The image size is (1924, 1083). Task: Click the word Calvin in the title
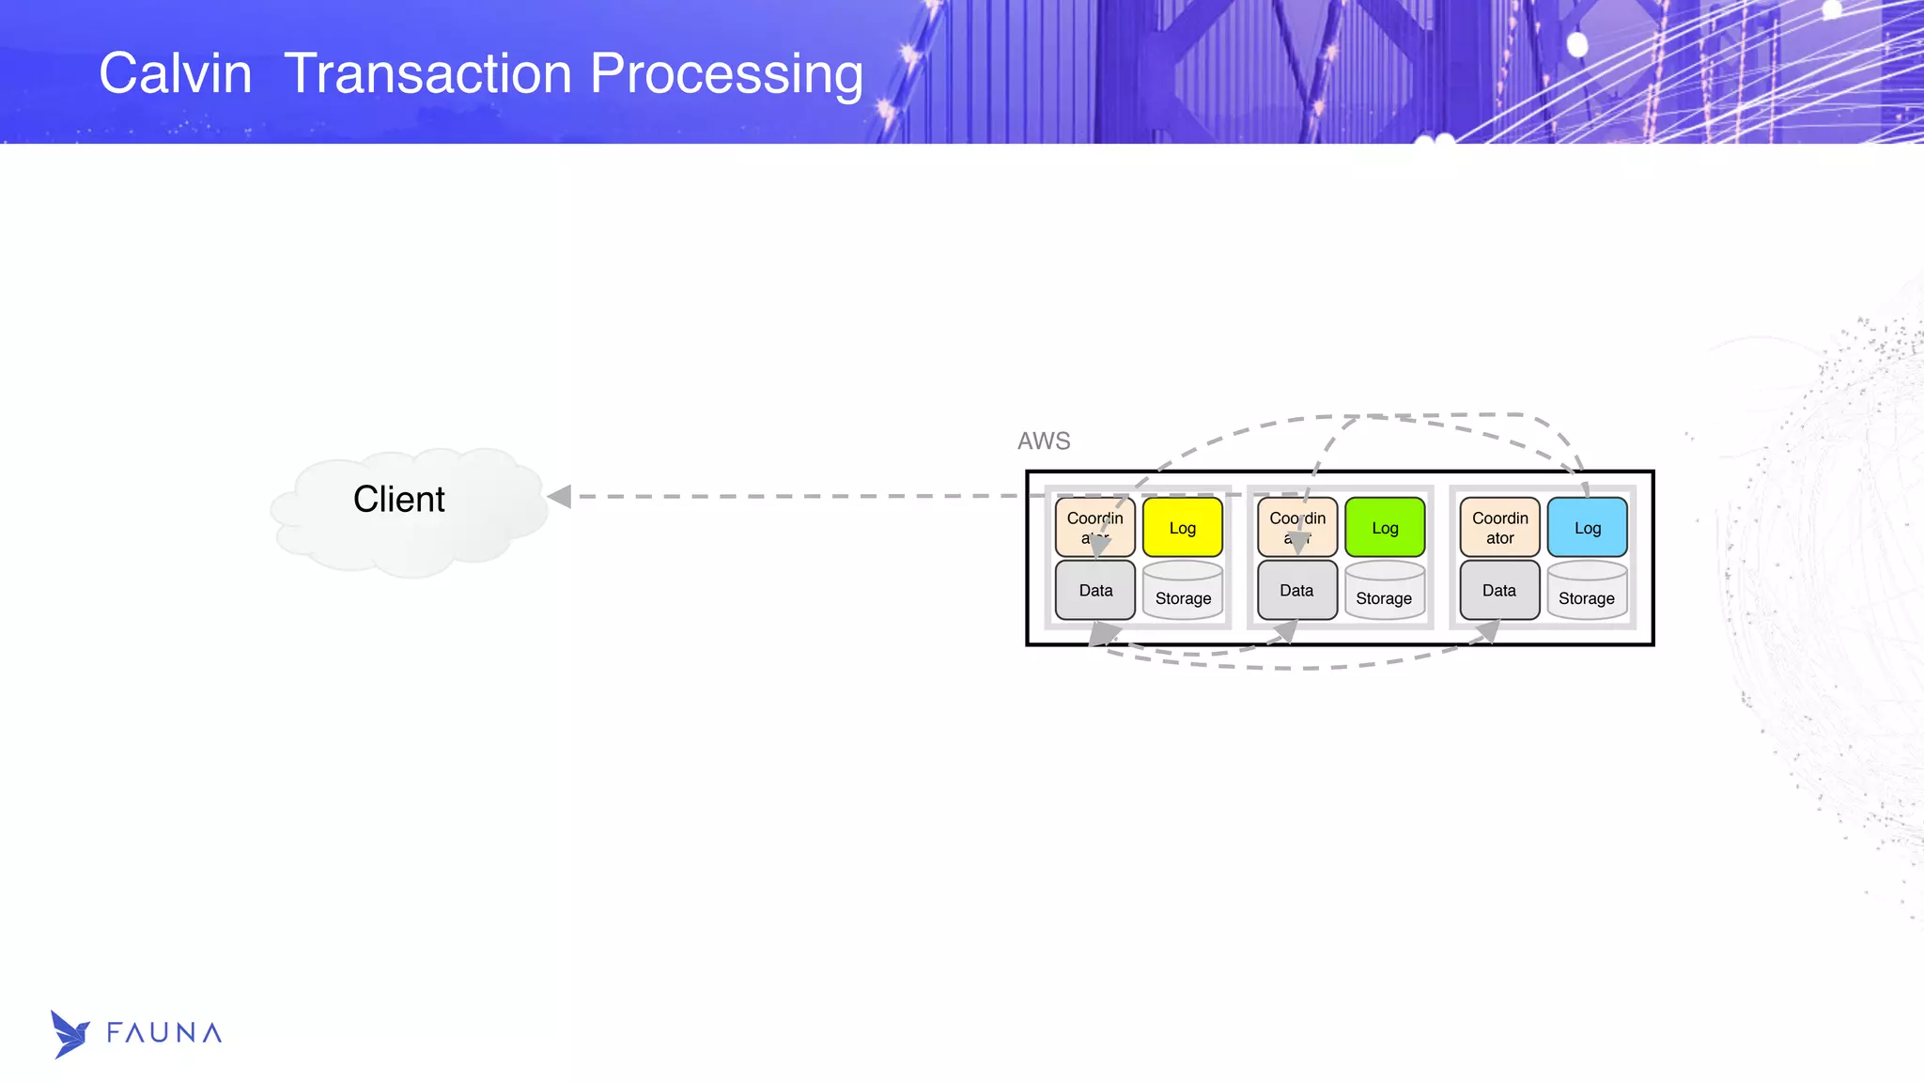(176, 73)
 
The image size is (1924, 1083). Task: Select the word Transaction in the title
(427, 73)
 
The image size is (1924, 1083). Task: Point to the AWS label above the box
(1044, 441)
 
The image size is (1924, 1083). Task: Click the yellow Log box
(1182, 528)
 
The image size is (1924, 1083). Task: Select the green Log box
(1385, 528)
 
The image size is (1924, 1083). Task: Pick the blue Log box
(1587, 528)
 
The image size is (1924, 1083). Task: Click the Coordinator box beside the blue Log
(1499, 528)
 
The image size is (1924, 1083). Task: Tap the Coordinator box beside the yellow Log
(1094, 528)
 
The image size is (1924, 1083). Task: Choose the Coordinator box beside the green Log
(1297, 528)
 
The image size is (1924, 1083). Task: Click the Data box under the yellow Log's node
(1095, 591)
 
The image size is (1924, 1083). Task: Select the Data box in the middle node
(1296, 591)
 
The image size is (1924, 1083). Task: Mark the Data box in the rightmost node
(1499, 591)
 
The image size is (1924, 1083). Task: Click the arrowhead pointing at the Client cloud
(559, 496)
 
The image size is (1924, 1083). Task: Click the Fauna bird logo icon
(70, 1034)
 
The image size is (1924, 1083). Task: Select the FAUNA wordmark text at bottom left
(164, 1033)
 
